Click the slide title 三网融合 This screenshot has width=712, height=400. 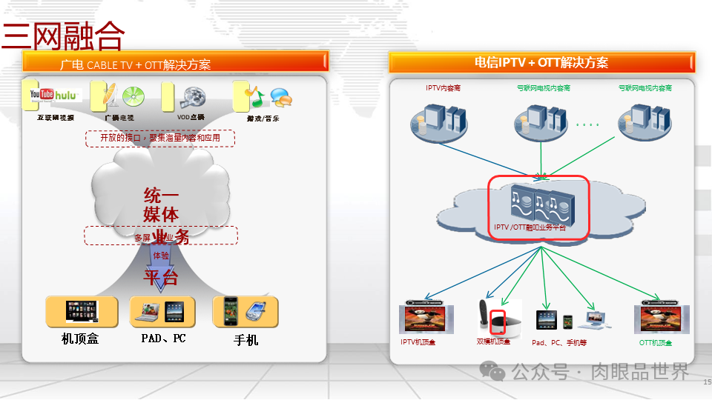click(64, 35)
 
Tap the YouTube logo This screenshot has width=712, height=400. click(42, 95)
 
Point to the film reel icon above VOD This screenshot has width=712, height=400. click(191, 97)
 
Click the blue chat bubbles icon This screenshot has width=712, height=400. click(280, 96)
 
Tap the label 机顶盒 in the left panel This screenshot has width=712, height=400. click(80, 339)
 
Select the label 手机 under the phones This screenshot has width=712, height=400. click(245, 340)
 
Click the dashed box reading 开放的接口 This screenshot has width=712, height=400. click(159, 138)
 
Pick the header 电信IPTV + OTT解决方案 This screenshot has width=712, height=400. click(541, 63)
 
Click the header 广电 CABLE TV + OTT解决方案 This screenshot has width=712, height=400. click(135, 64)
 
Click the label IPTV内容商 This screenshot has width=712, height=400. click(443, 88)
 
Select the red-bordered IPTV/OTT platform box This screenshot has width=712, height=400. click(538, 207)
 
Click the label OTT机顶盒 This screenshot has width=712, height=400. click(656, 343)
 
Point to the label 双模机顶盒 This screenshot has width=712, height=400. click(493, 342)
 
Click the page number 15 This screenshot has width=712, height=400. click(706, 382)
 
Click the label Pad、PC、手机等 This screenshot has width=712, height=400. click(559, 342)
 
